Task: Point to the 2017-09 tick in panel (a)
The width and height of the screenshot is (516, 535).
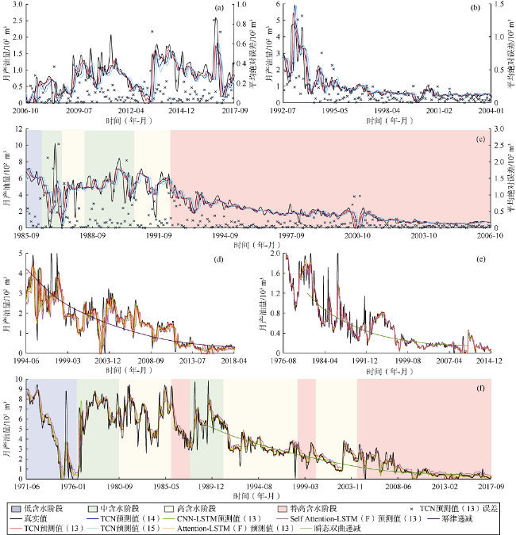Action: pos(233,111)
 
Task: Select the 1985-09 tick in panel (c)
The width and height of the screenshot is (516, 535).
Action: pos(26,235)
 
